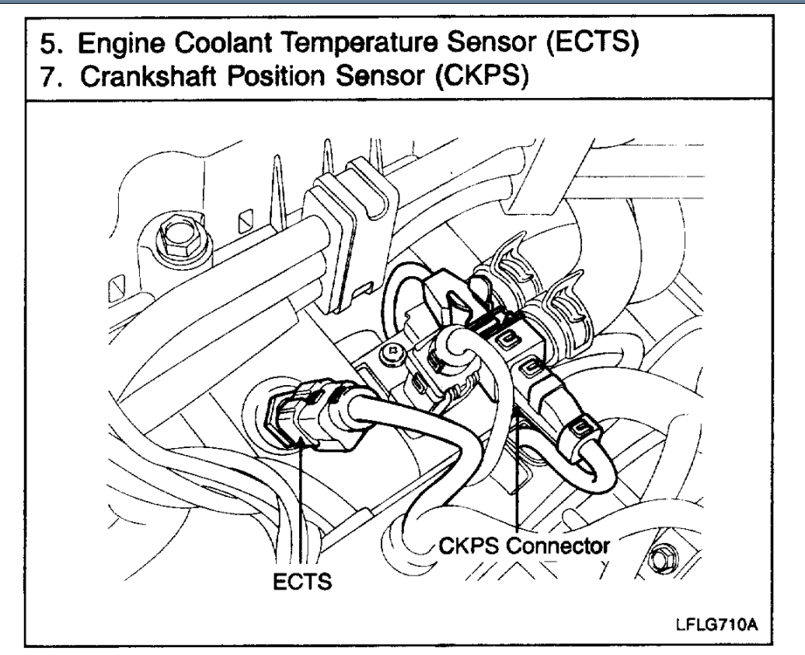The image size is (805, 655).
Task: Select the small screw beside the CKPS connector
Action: pos(393,355)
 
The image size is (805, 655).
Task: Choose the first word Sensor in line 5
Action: pos(482,38)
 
